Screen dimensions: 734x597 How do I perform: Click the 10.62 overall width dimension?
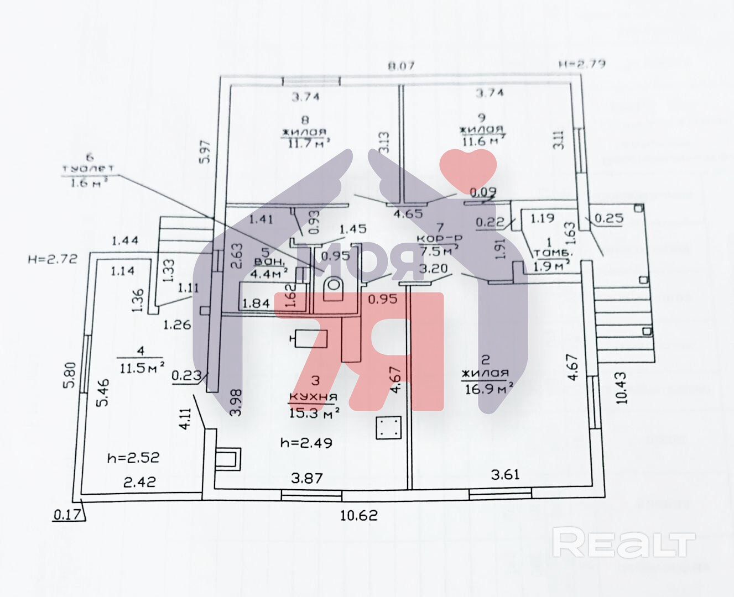(358, 515)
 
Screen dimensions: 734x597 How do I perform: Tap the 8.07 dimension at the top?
(401, 66)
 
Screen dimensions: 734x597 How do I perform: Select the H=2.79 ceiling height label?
(581, 64)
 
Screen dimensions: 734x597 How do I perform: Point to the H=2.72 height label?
(53, 258)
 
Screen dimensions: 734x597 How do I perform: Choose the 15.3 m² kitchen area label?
(314, 412)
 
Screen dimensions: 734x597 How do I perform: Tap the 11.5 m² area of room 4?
(141, 368)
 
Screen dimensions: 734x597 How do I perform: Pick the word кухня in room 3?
(313, 397)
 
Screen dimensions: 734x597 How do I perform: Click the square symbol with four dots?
(388, 427)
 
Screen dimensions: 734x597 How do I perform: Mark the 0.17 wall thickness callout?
(65, 515)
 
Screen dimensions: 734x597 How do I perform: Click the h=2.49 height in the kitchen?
(306, 442)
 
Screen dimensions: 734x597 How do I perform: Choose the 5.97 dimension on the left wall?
(206, 151)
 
